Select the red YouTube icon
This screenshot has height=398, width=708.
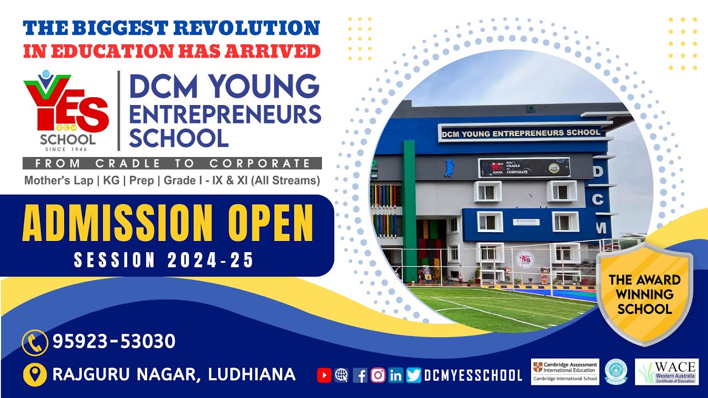[324, 375]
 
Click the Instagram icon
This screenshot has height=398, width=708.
[378, 375]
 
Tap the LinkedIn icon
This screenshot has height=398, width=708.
[395, 375]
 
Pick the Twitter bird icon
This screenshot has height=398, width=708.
[413, 375]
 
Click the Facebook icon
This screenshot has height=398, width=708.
[360, 375]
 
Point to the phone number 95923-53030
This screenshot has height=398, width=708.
[114, 342]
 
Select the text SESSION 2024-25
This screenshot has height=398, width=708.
[164, 260]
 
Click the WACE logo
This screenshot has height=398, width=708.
[667, 372]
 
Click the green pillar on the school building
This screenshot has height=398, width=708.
[409, 210]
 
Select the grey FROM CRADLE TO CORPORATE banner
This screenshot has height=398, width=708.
[172, 163]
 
